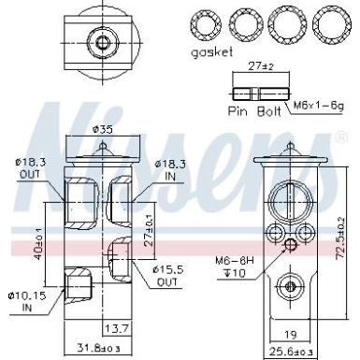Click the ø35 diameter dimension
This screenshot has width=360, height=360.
106,130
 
